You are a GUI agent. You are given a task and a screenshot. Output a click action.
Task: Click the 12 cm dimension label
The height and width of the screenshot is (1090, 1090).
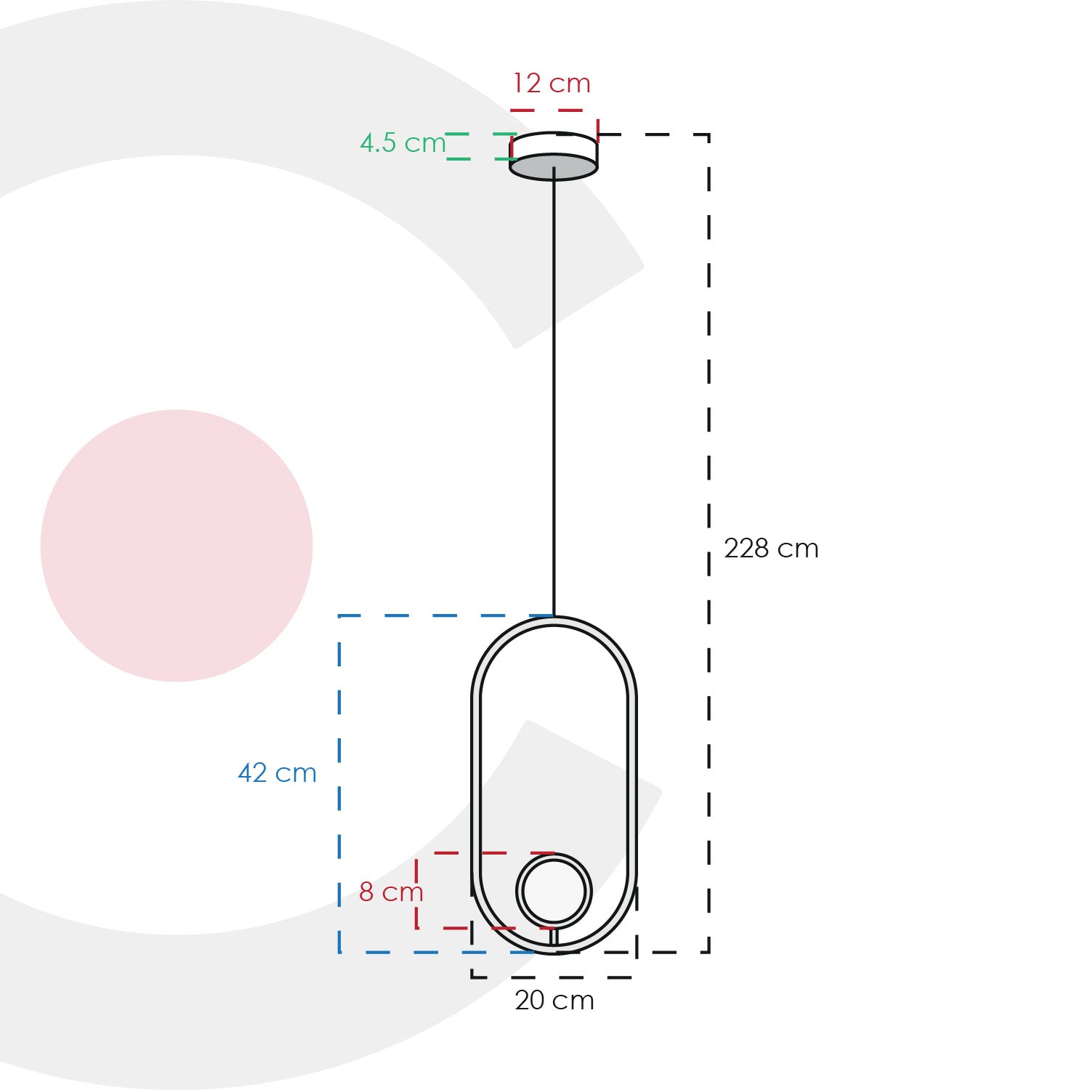tap(552, 84)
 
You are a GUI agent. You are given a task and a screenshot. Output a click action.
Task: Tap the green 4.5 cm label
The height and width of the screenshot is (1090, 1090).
tap(402, 143)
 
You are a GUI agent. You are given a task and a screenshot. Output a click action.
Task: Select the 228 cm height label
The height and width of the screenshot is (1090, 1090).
tap(771, 549)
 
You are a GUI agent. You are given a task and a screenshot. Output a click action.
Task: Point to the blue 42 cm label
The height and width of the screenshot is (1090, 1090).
tap(277, 773)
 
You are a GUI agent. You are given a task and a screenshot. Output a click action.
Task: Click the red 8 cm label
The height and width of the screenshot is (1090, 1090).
tap(390, 892)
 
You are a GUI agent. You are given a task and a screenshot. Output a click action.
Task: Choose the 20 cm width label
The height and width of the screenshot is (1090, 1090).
tap(554, 1001)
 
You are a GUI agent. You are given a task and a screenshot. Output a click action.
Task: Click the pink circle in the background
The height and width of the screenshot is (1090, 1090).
tap(177, 546)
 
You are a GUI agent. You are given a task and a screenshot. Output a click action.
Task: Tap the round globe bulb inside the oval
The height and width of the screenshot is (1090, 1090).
tap(554, 891)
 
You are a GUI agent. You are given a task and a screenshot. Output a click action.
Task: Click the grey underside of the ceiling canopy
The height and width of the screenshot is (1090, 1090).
tap(554, 167)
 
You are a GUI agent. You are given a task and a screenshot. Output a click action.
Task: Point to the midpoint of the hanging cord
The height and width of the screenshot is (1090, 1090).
tap(554, 392)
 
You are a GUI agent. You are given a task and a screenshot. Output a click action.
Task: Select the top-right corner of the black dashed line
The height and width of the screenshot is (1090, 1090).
tap(708, 134)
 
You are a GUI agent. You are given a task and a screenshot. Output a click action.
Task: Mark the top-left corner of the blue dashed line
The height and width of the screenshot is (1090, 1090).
tap(340, 615)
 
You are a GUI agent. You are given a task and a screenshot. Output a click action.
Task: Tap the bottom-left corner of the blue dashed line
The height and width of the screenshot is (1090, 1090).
tap(340, 952)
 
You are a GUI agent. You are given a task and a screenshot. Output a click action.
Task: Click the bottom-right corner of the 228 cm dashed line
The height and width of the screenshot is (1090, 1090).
tap(708, 952)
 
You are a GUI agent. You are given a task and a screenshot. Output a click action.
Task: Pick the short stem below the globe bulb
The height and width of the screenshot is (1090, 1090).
tap(554, 937)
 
